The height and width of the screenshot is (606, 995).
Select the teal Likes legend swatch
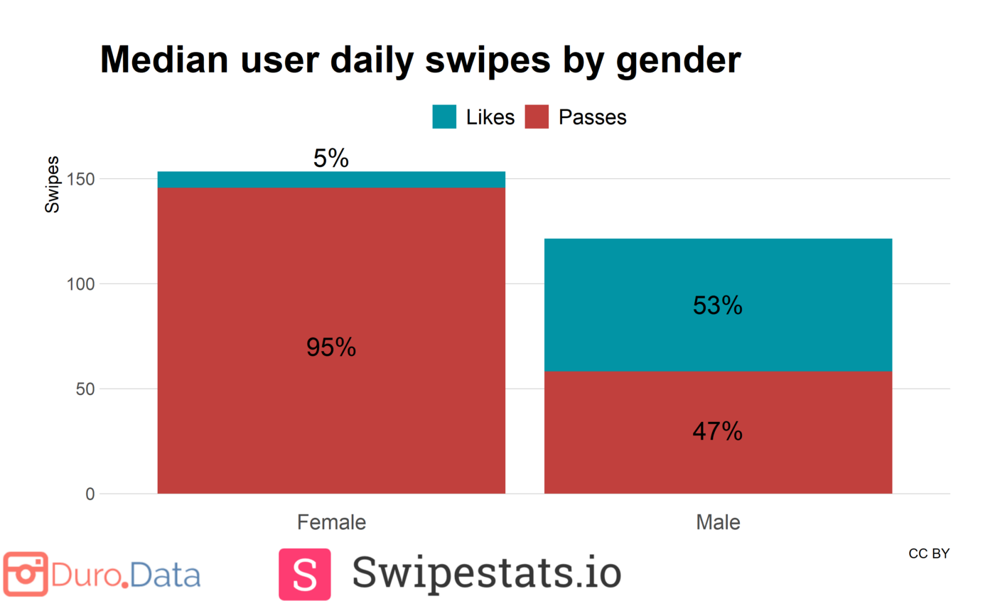click(444, 117)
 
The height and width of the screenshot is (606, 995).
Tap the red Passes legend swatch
click(537, 117)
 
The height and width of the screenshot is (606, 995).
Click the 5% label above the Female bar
click(331, 159)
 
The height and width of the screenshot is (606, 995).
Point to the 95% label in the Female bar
click(331, 347)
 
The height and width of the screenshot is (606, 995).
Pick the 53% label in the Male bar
click(718, 305)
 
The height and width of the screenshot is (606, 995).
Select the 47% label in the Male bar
click(718, 431)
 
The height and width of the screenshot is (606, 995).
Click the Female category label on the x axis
click(331, 523)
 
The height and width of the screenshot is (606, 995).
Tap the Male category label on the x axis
click(718, 523)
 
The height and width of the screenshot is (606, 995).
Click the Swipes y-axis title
click(53, 185)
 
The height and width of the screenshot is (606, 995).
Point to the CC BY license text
click(928, 553)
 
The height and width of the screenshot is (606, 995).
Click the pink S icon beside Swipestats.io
click(304, 574)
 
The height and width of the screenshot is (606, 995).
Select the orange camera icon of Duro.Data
click(26, 574)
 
